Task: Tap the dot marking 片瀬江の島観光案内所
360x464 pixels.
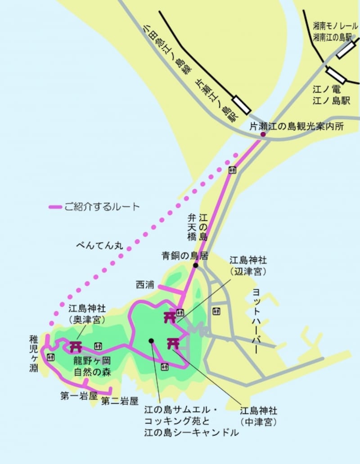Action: [x=263, y=134]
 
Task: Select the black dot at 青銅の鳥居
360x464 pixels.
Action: [x=196, y=265]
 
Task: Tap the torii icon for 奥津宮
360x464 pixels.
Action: [x=75, y=347]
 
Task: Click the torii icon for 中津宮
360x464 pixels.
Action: [x=173, y=343]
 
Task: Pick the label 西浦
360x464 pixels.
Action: [x=144, y=285]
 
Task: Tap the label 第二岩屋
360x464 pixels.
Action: [x=119, y=401]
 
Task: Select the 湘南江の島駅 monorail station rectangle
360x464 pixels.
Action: [x=346, y=51]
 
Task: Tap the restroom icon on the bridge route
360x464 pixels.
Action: [x=232, y=170]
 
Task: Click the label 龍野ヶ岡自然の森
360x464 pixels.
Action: [x=92, y=366]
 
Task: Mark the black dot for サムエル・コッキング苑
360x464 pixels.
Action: [x=152, y=340]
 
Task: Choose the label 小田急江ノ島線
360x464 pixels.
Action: [x=167, y=49]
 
